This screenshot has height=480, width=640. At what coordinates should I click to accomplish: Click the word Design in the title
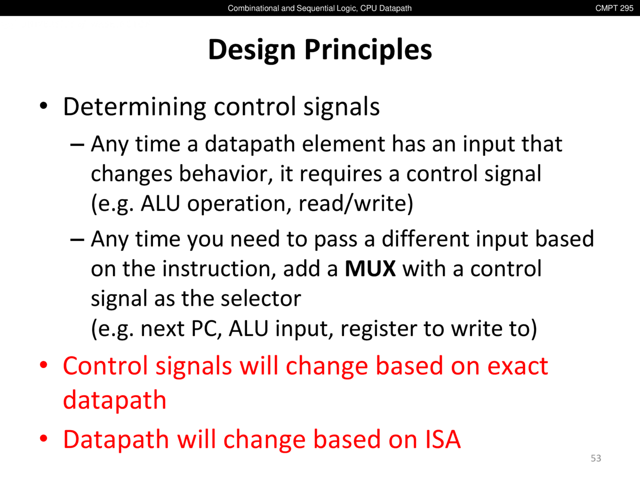pos(252,50)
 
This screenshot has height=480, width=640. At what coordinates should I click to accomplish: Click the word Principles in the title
pos(368,50)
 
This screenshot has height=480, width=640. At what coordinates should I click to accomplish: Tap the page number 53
pos(595,458)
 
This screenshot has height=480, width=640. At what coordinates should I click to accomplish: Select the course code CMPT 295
pos(614,8)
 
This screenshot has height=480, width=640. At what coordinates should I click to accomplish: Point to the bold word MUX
pos(370,268)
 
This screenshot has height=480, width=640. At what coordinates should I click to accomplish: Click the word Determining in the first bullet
pos(134,107)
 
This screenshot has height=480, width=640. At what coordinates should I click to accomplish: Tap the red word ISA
pos(442,439)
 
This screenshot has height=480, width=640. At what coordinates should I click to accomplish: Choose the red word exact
pos(517,366)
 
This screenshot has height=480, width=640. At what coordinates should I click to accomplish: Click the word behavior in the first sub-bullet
pos(226,174)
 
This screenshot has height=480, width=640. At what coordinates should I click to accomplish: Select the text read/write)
pos(355,203)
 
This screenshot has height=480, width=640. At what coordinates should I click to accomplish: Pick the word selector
pos(261,298)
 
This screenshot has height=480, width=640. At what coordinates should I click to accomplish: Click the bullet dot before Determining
pos(43,106)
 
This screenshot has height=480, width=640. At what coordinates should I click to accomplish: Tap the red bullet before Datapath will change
pos(43,438)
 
